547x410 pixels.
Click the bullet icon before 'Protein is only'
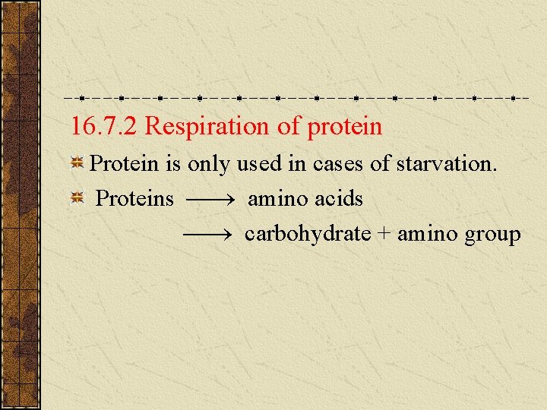(77, 163)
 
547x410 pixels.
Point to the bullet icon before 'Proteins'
(77, 199)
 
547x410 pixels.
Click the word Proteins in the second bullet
(135, 199)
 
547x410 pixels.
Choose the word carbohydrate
(308, 234)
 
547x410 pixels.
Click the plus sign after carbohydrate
(384, 235)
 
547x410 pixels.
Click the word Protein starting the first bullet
(123, 163)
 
